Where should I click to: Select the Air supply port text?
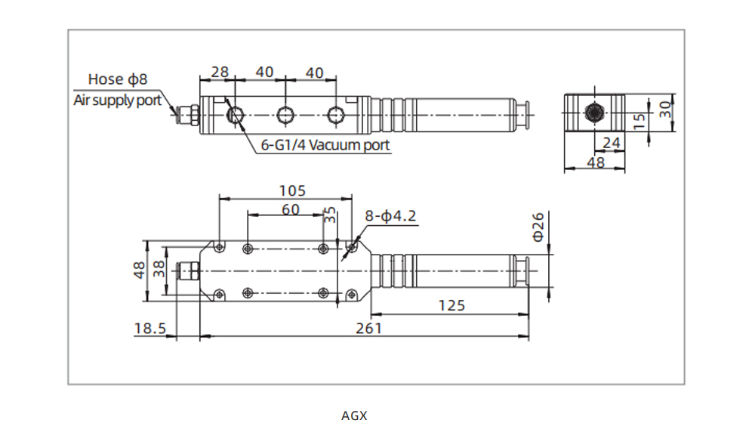point(117,100)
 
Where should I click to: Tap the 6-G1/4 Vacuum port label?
point(325,145)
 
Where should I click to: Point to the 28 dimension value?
point(219,72)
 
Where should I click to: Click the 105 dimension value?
point(286,190)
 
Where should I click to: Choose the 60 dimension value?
point(291,209)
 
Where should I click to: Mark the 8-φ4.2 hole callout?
point(390,216)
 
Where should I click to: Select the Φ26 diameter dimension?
point(538,226)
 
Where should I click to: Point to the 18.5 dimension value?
point(149,328)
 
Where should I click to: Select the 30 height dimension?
point(665,109)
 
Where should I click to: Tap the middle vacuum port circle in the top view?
point(285,115)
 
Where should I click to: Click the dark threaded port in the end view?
point(594,113)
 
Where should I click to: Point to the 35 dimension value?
point(330,216)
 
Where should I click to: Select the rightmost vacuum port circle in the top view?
point(334,115)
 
